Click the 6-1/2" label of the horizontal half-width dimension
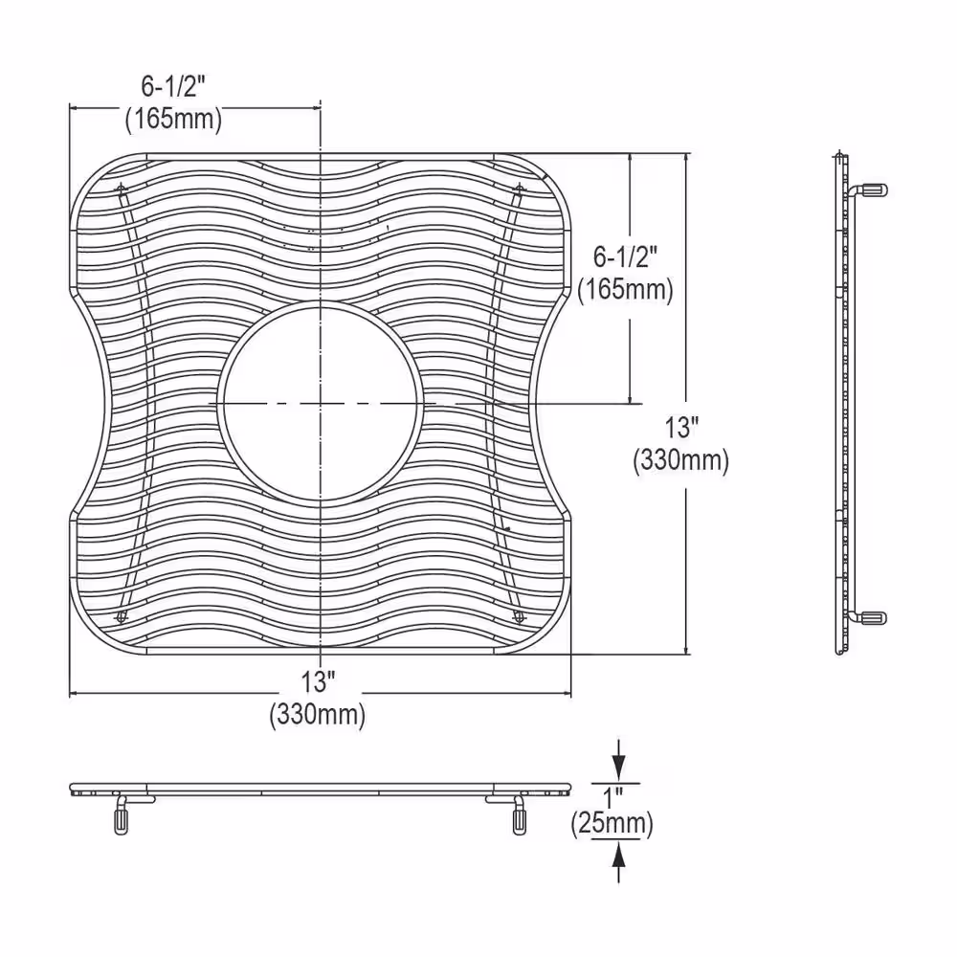click(173, 87)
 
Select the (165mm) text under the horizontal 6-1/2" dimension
click(173, 120)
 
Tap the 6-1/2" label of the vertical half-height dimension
click(626, 256)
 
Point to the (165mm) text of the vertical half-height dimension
click(626, 288)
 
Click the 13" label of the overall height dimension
click(680, 427)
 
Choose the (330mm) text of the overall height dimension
click(680, 460)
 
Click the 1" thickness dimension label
click(613, 794)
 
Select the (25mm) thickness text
click(612, 824)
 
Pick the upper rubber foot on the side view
click(874, 189)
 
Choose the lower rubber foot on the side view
click(874, 618)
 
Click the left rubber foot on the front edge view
click(122, 818)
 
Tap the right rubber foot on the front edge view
click(519, 818)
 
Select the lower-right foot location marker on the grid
click(519, 616)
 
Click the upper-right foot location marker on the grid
click(519, 188)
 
